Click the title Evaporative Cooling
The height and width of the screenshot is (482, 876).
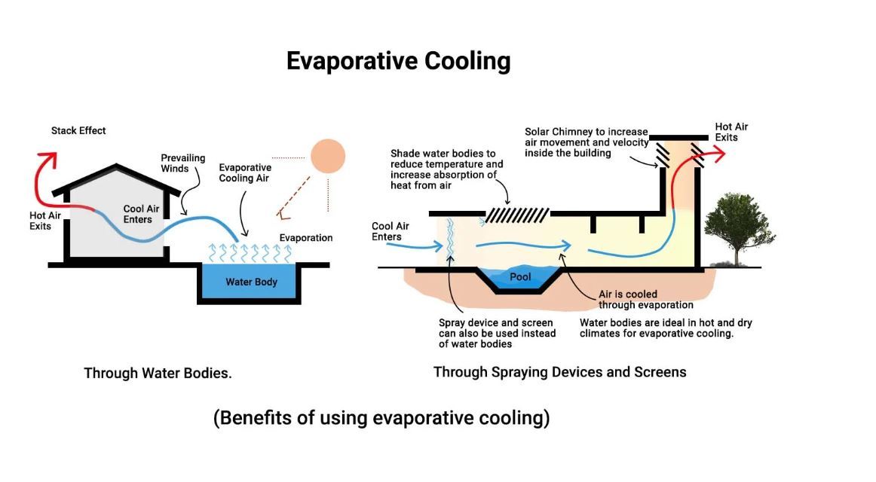pyautogui.click(x=398, y=61)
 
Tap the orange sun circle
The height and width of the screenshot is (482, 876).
pyautogui.click(x=328, y=157)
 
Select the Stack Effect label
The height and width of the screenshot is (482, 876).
pyautogui.click(x=78, y=131)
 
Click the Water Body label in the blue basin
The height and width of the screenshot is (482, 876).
pyautogui.click(x=251, y=282)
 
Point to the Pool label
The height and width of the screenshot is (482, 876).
pyautogui.click(x=520, y=277)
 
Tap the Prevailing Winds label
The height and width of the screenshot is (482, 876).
pyautogui.click(x=182, y=163)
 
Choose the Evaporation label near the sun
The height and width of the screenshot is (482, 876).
pyautogui.click(x=305, y=238)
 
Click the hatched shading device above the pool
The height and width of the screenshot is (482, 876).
pyautogui.click(x=516, y=215)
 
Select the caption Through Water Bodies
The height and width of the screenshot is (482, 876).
pyautogui.click(x=158, y=373)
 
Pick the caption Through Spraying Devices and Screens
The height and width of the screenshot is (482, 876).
pyautogui.click(x=559, y=372)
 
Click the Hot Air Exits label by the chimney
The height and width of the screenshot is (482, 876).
pyautogui.click(x=731, y=133)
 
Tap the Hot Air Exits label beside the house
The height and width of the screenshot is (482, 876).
pyautogui.click(x=44, y=221)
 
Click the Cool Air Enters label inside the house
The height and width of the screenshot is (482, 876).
pyautogui.click(x=138, y=214)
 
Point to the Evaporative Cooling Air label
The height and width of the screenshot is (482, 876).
pyautogui.click(x=244, y=173)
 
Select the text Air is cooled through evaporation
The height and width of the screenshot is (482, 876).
pyautogui.click(x=645, y=300)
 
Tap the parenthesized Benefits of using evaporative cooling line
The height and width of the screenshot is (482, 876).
pyautogui.click(x=381, y=418)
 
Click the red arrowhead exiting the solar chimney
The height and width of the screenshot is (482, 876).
pyautogui.click(x=719, y=154)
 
